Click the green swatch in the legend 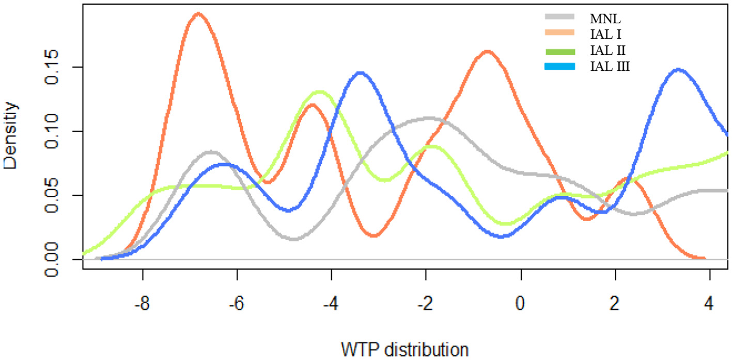(x=560, y=51)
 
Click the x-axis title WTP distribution (x=405, y=349)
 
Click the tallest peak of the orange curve (x=198, y=13)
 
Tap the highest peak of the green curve (x=320, y=92)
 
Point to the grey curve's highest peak (x=429, y=118)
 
